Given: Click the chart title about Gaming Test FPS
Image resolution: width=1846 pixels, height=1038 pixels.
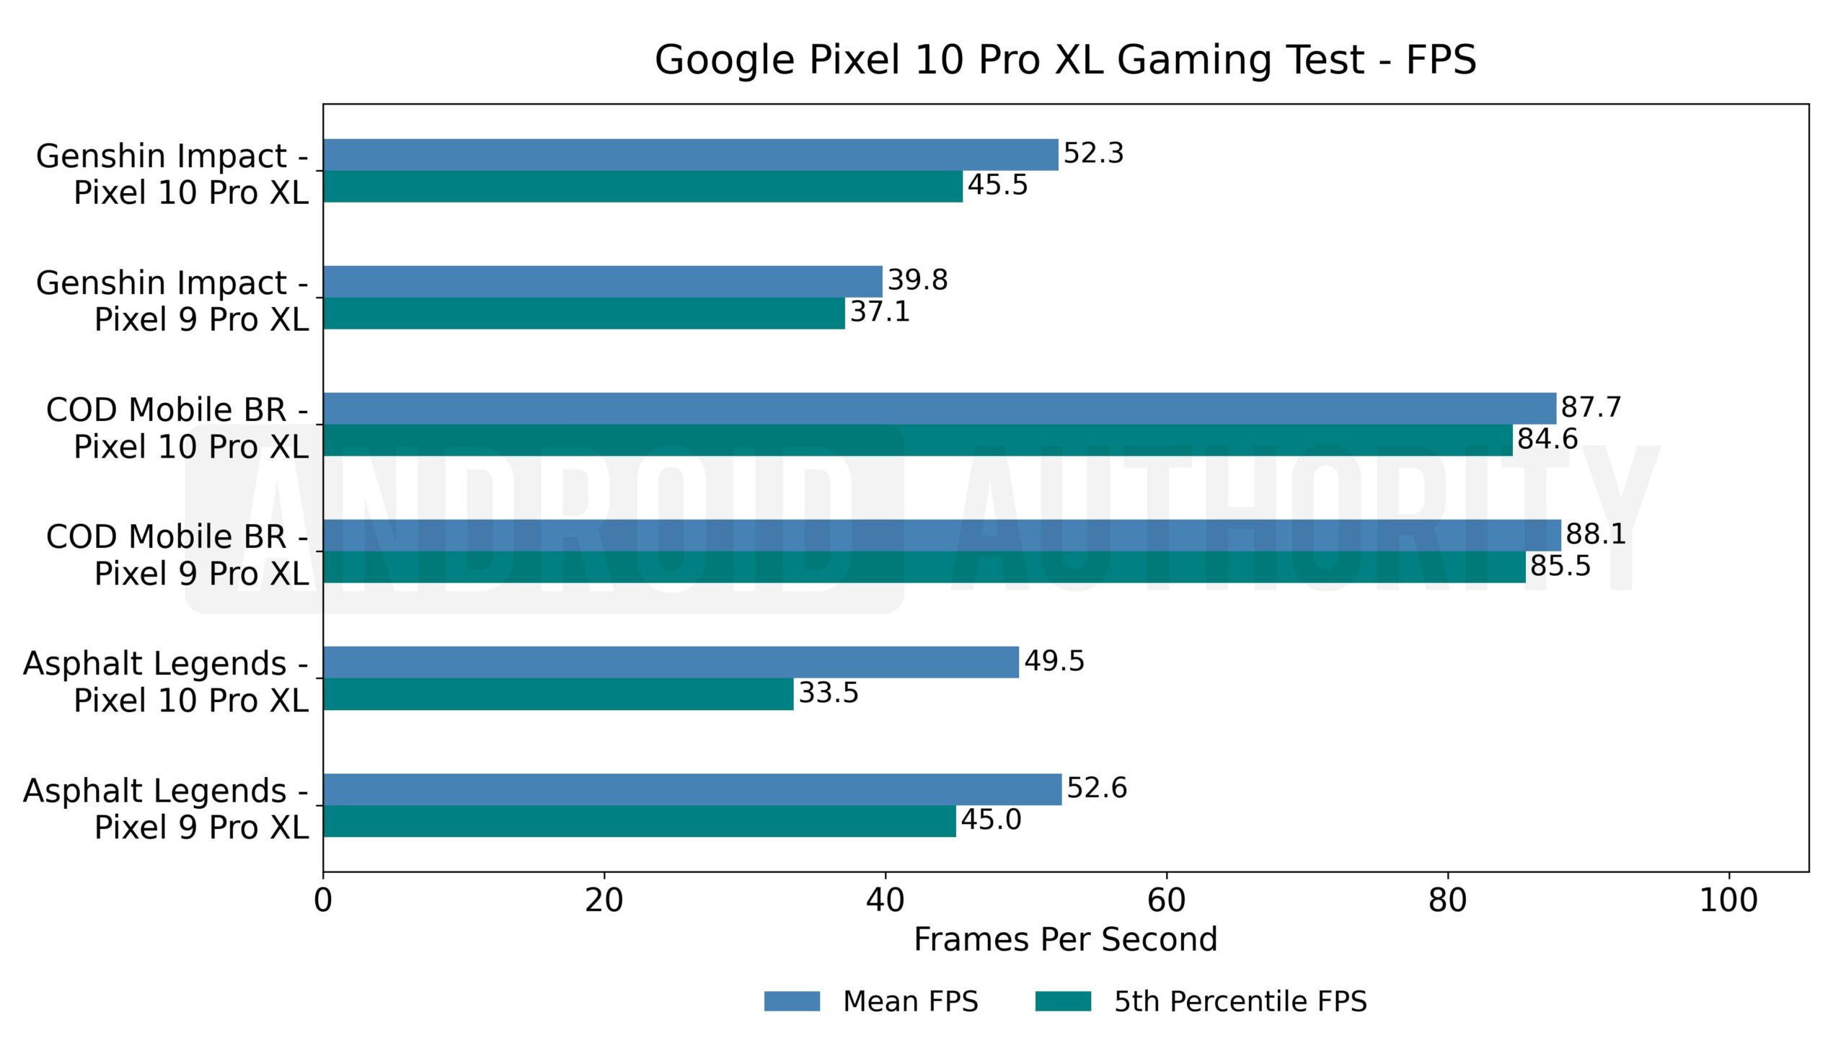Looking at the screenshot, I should tap(1065, 59).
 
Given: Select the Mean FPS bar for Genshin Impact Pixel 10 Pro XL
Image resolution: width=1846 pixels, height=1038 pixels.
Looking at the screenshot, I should tap(690, 155).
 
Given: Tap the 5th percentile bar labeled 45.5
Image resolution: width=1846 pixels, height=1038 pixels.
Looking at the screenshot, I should tap(642, 187).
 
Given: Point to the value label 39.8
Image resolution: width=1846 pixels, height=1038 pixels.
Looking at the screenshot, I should tap(917, 280).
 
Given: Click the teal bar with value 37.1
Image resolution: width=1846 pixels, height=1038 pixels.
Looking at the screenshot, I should tap(583, 314).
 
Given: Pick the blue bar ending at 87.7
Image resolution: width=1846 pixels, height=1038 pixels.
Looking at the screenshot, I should tap(939, 409).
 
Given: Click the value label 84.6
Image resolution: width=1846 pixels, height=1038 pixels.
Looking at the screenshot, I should tap(1547, 439).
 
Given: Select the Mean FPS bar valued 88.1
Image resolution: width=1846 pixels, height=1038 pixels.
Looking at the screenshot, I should tap(942, 536).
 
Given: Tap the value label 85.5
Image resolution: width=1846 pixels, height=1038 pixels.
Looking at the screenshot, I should tap(1560, 566).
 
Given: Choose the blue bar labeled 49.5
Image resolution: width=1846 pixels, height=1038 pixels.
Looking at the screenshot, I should tap(671, 662).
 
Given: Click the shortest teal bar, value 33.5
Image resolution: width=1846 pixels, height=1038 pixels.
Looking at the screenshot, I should tap(558, 694).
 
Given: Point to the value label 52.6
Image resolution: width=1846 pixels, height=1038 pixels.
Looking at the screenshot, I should tap(1097, 788).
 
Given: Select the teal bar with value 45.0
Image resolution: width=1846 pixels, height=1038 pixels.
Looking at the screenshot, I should tap(639, 821).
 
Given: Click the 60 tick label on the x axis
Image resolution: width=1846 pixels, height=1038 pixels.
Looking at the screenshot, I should tap(1166, 901).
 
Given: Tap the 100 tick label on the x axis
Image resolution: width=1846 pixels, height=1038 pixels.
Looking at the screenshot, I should tap(1728, 901).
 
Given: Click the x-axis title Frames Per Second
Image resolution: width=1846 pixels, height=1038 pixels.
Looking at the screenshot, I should tap(1065, 940).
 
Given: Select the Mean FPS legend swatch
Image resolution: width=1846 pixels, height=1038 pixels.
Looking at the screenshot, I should tap(792, 1001).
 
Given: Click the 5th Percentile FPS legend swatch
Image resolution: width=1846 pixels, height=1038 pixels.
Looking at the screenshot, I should tap(1063, 1001).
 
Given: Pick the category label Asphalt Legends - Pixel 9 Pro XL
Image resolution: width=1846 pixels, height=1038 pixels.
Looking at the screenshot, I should tap(166, 809).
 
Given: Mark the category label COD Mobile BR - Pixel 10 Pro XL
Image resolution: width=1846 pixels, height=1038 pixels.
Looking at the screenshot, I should tap(177, 428).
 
